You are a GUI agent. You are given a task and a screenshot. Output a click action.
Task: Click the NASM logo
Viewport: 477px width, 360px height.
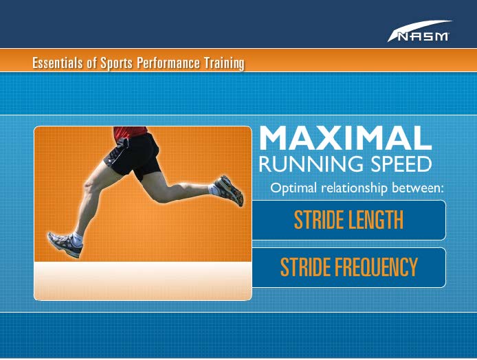[419, 32]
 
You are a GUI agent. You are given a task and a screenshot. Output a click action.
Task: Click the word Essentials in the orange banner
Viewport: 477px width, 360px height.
[58, 63]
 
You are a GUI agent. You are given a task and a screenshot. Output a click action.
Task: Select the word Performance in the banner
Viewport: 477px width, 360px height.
[168, 63]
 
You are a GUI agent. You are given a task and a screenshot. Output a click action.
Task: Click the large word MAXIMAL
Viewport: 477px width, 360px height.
[345, 138]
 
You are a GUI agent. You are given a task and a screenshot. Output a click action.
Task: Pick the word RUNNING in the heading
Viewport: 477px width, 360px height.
[311, 164]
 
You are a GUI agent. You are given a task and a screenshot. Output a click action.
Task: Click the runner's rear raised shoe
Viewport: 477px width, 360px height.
[229, 190]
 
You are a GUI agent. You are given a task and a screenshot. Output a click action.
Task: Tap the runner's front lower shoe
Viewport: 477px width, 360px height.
[65, 244]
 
